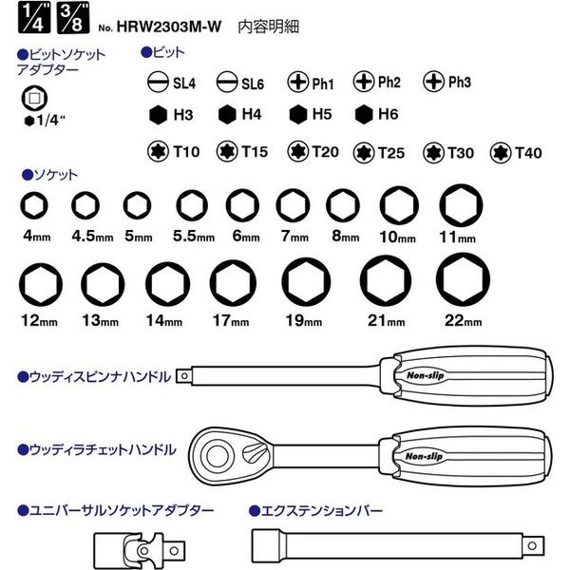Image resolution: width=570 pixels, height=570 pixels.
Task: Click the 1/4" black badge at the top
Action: click(34, 18)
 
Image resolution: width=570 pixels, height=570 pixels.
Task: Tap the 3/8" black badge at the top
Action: click(73, 18)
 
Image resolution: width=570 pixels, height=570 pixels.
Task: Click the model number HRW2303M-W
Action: click(169, 27)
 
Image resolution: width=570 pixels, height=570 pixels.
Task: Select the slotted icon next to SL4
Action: click(158, 82)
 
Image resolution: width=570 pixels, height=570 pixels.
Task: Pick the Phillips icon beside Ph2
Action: click(364, 81)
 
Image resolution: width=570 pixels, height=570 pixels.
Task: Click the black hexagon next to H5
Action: click(298, 115)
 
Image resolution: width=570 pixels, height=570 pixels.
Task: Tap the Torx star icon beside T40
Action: click(501, 153)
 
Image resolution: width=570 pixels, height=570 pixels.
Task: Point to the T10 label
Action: click(186, 152)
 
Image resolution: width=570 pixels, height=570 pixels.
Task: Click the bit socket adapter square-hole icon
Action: click(34, 98)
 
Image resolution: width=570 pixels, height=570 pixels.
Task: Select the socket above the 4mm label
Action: click(34, 205)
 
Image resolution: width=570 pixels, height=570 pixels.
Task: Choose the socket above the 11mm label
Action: click(461, 205)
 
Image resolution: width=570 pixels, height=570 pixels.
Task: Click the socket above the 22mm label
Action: click(463, 279)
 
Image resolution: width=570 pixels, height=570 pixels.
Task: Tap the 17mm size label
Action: click(231, 321)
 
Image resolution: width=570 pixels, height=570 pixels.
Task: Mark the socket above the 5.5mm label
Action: click(192, 205)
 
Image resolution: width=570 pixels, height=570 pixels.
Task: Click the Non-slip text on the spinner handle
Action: click(426, 375)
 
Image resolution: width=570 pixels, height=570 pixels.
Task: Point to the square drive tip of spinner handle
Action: click(184, 376)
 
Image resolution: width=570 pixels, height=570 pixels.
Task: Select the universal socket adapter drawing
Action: click(140, 550)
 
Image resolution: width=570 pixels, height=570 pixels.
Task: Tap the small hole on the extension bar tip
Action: click(532, 545)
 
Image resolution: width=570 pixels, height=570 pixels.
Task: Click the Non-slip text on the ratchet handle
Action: click(424, 456)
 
